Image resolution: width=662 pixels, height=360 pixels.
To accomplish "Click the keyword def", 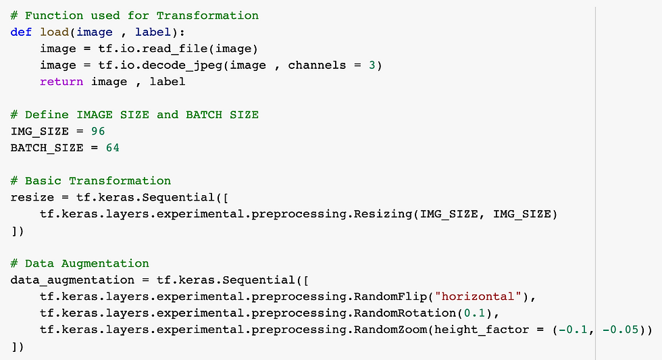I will click(21, 32).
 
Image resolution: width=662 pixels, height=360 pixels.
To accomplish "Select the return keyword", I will click(61, 81).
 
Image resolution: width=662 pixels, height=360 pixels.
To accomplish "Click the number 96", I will click(98, 131).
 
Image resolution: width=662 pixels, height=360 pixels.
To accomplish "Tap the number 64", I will click(112, 147).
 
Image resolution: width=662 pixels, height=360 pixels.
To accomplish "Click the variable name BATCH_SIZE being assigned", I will click(47, 147).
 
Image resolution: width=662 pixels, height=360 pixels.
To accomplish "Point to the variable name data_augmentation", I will click(72, 280).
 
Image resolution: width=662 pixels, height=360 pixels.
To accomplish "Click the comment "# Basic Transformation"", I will click(91, 180).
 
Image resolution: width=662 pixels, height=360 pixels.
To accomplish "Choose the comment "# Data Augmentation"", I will click(80, 263).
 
